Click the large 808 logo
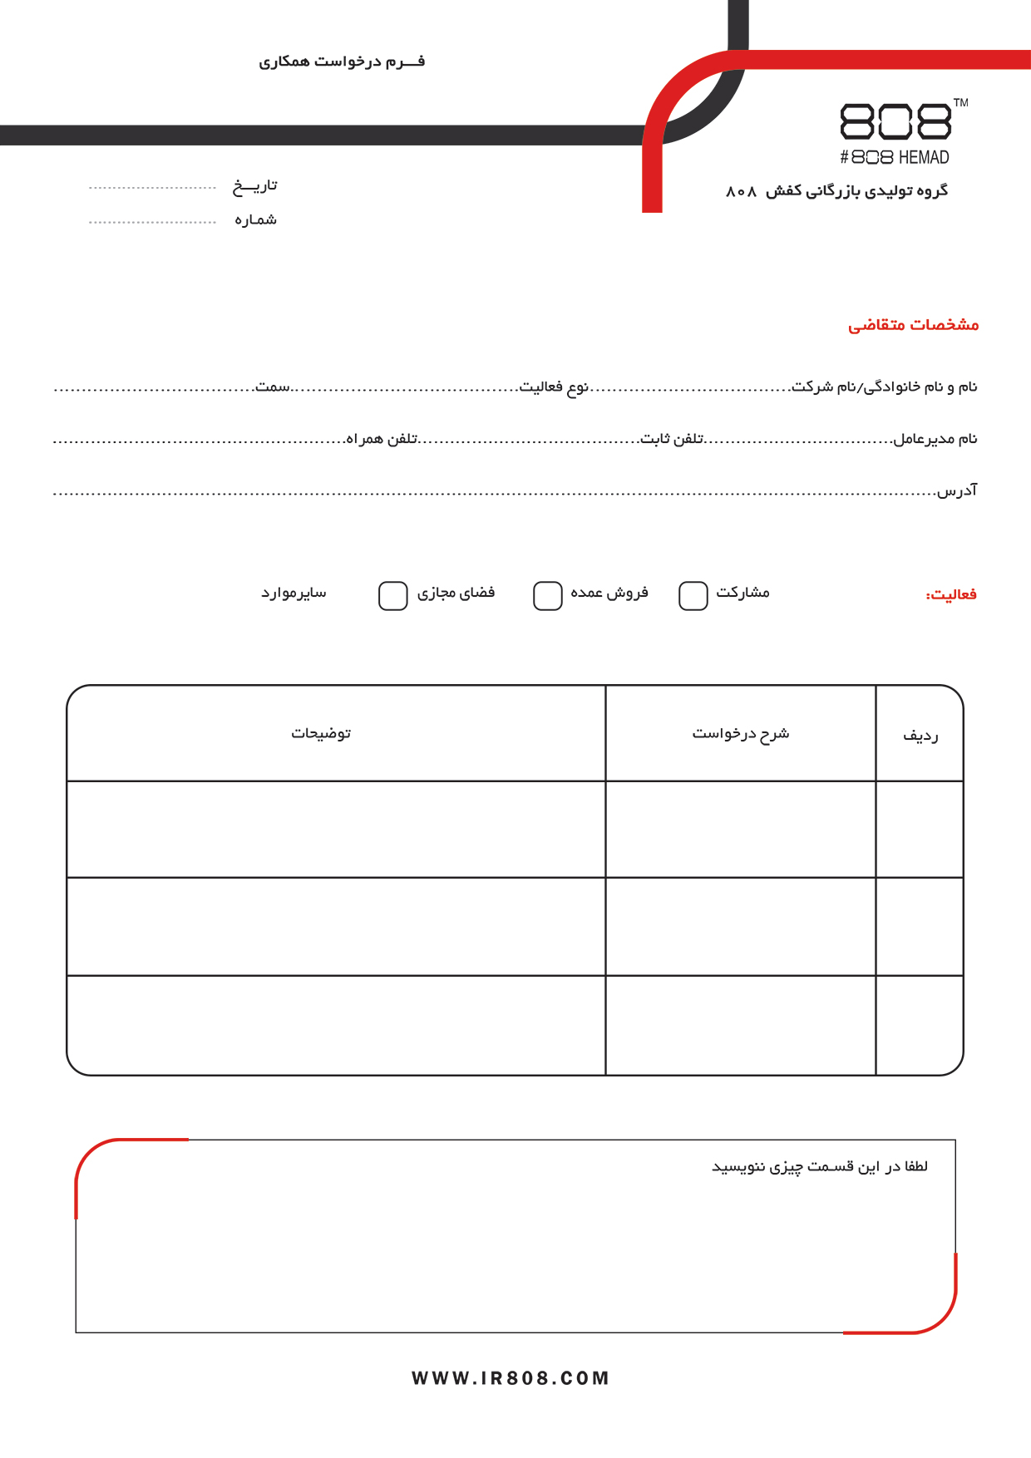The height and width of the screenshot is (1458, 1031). pos(895,122)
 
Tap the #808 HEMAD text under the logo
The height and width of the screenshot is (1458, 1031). pos(894,157)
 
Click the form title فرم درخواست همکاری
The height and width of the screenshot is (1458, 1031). pos(342,62)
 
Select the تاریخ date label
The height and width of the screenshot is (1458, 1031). pos(255,186)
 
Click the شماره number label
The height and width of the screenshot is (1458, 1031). pos(255,220)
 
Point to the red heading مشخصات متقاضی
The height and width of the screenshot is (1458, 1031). pos(913,324)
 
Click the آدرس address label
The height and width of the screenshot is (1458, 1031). pos(957,490)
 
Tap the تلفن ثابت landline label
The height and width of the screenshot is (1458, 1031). pos(672,438)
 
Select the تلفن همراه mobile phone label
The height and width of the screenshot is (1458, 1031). pos(382,438)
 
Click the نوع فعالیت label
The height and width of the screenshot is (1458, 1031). pos(554,387)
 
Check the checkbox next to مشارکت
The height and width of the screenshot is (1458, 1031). pos(693,596)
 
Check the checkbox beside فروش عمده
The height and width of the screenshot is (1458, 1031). pos(547,596)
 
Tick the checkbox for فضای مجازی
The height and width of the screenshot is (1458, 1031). pos(392,596)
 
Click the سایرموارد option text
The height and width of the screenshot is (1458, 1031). pos(294,593)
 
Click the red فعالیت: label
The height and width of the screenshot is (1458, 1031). pos(951,594)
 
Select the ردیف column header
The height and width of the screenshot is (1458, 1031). pos(920,736)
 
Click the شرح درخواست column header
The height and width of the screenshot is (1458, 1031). pos(740,733)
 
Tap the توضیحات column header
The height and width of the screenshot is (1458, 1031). pos(321,733)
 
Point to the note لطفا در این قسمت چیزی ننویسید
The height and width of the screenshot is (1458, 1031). pos(819,1167)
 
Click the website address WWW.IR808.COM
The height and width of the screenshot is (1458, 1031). pos(511,1378)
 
